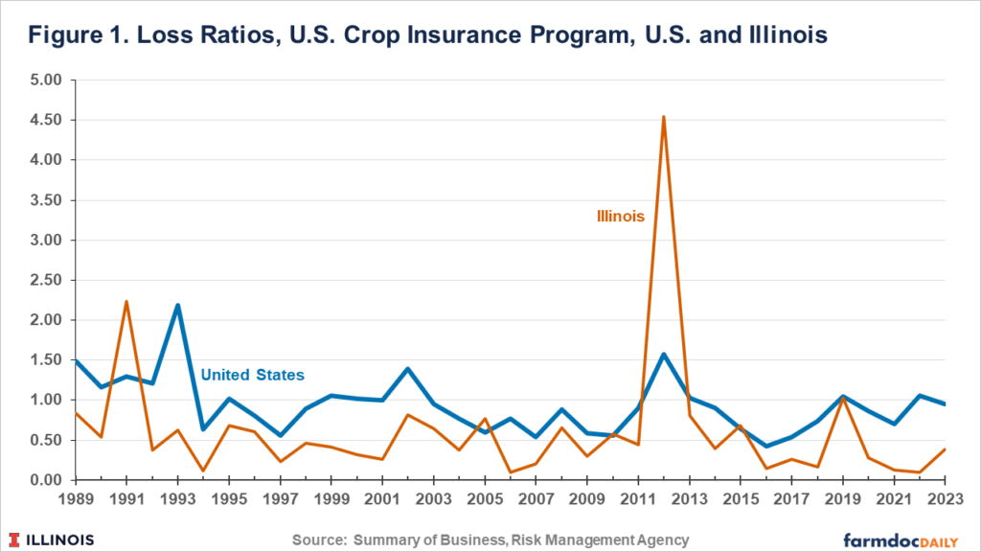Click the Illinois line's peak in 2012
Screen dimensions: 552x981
tap(664, 118)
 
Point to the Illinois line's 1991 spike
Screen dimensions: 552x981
tap(126, 302)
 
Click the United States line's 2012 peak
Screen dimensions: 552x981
tap(664, 355)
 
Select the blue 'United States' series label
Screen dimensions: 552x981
tap(253, 375)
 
